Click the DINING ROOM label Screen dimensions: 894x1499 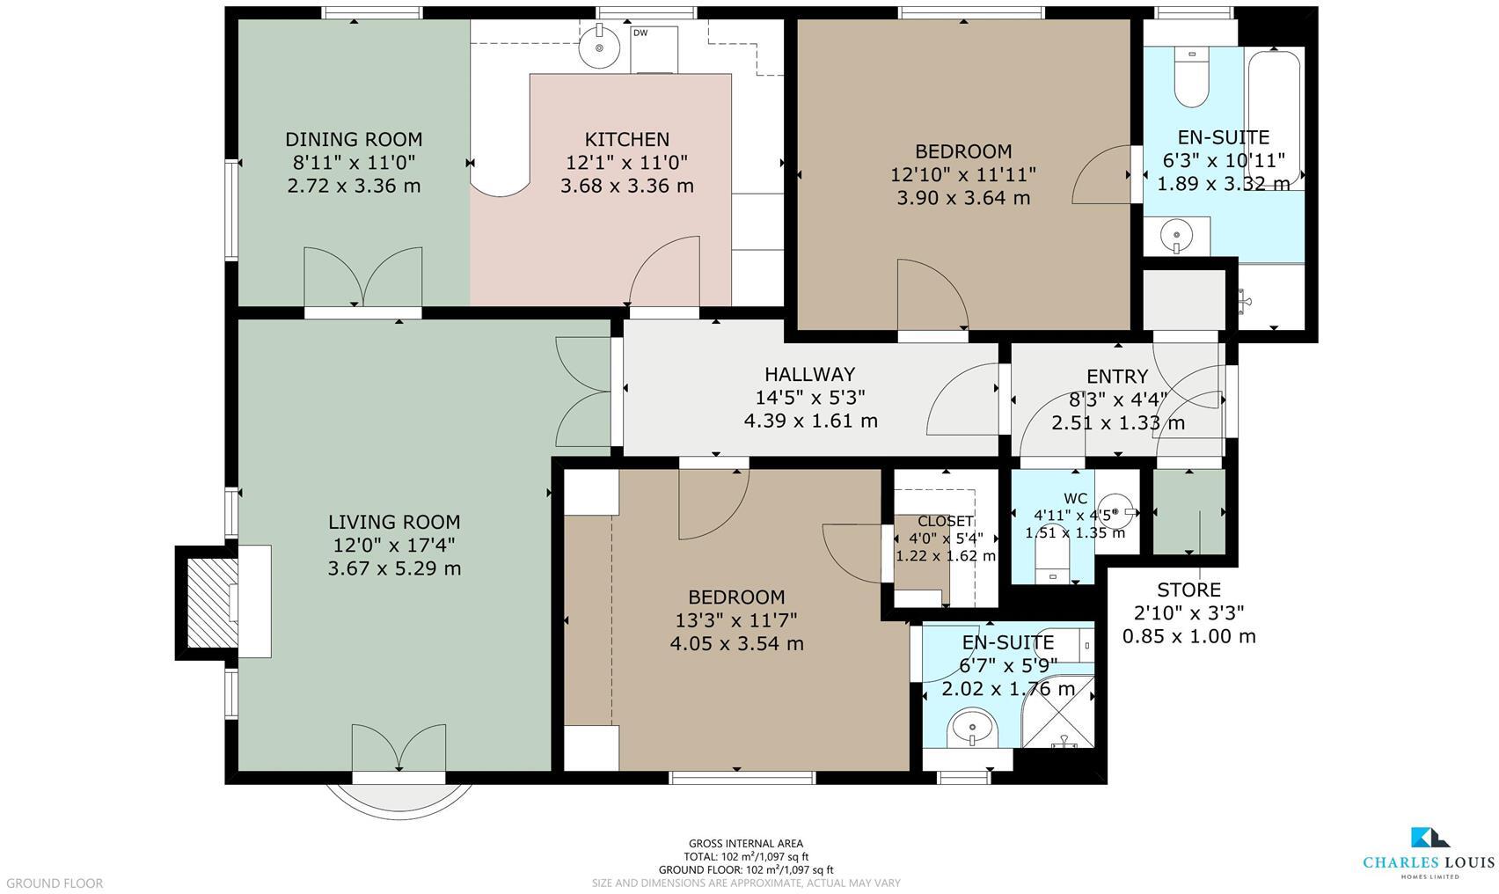[x=354, y=139]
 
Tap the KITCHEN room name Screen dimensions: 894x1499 [x=626, y=139]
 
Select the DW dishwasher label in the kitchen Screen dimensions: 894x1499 [x=640, y=33]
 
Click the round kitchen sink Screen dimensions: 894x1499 [x=598, y=44]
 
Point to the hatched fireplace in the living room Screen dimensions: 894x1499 [x=209, y=603]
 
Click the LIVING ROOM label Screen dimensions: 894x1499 [x=394, y=522]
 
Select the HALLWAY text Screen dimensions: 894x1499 [x=809, y=374]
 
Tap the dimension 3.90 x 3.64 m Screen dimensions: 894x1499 [x=962, y=198]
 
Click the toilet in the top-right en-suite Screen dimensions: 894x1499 [x=1191, y=79]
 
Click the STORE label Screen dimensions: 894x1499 [x=1188, y=590]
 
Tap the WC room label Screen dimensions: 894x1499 [x=1075, y=499]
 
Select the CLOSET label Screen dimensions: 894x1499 [x=945, y=522]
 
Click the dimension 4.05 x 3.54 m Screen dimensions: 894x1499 [x=736, y=643]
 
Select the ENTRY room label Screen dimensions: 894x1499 [x=1117, y=377]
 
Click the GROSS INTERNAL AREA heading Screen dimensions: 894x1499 [x=745, y=843]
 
